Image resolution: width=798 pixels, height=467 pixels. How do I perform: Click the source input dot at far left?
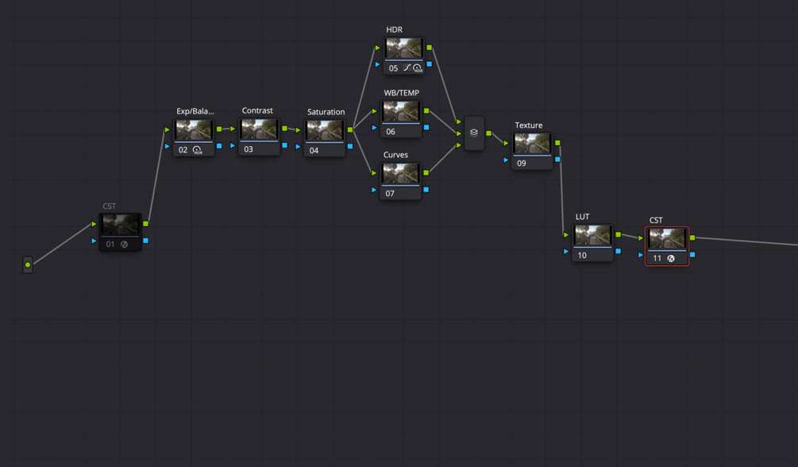(28, 264)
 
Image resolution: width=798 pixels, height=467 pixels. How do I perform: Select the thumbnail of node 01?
(120, 225)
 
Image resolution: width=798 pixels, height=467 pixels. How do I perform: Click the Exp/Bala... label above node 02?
(195, 111)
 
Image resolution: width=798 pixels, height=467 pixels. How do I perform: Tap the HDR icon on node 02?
(198, 150)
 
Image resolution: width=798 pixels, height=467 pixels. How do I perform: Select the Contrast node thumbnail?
(259, 129)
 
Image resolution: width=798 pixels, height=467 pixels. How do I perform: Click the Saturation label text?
(326, 112)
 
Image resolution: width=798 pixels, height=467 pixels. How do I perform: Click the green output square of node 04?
(350, 130)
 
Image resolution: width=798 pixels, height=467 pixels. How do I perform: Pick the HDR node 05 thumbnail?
(404, 48)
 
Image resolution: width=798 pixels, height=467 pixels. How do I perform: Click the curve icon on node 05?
(407, 68)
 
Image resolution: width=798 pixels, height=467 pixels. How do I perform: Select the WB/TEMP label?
(402, 93)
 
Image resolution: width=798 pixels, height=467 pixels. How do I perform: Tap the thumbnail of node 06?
(401, 111)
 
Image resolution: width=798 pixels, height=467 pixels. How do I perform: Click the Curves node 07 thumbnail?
(400, 174)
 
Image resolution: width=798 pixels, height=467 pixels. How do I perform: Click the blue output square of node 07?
(426, 190)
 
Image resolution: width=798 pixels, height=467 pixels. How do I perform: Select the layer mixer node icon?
(474, 133)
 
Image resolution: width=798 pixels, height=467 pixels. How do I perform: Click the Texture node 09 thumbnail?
(532, 144)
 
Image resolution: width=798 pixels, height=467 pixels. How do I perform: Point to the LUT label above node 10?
(582, 217)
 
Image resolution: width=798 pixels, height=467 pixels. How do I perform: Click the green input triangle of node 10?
(566, 235)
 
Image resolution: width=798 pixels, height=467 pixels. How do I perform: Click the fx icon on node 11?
(671, 258)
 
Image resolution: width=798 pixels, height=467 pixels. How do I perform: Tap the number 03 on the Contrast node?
(249, 149)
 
